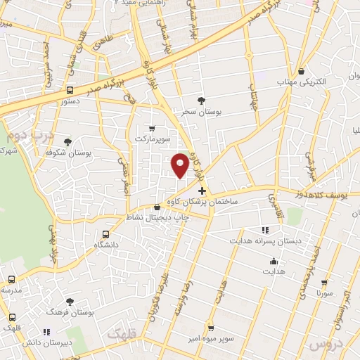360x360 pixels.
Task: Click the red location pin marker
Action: coord(180,164)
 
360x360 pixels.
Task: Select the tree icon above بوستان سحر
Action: coord(202,101)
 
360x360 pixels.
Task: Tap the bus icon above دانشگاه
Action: coord(106,234)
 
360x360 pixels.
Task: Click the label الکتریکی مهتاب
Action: coord(302,82)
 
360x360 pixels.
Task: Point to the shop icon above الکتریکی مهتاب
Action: coord(301,71)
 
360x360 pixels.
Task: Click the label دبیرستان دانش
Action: coord(46,342)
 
